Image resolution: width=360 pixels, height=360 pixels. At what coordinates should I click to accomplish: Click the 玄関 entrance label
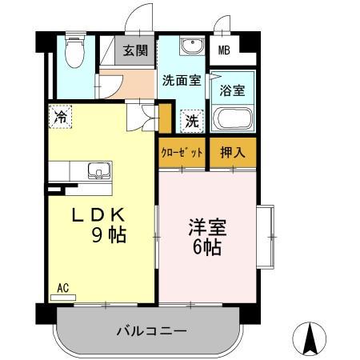(x=134, y=50)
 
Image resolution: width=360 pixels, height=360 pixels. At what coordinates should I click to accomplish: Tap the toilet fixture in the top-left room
(x=74, y=52)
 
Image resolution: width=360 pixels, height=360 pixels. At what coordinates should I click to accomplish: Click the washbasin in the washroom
(x=190, y=47)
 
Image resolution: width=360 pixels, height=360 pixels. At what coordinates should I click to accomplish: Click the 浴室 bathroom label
(x=232, y=90)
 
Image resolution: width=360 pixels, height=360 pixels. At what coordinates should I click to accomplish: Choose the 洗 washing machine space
(x=193, y=121)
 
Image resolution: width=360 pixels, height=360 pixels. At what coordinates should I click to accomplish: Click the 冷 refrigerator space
(x=60, y=117)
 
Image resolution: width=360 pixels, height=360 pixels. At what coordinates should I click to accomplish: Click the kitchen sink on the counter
(x=98, y=170)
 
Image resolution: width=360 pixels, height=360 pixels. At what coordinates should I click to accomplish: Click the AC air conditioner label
(x=62, y=286)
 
